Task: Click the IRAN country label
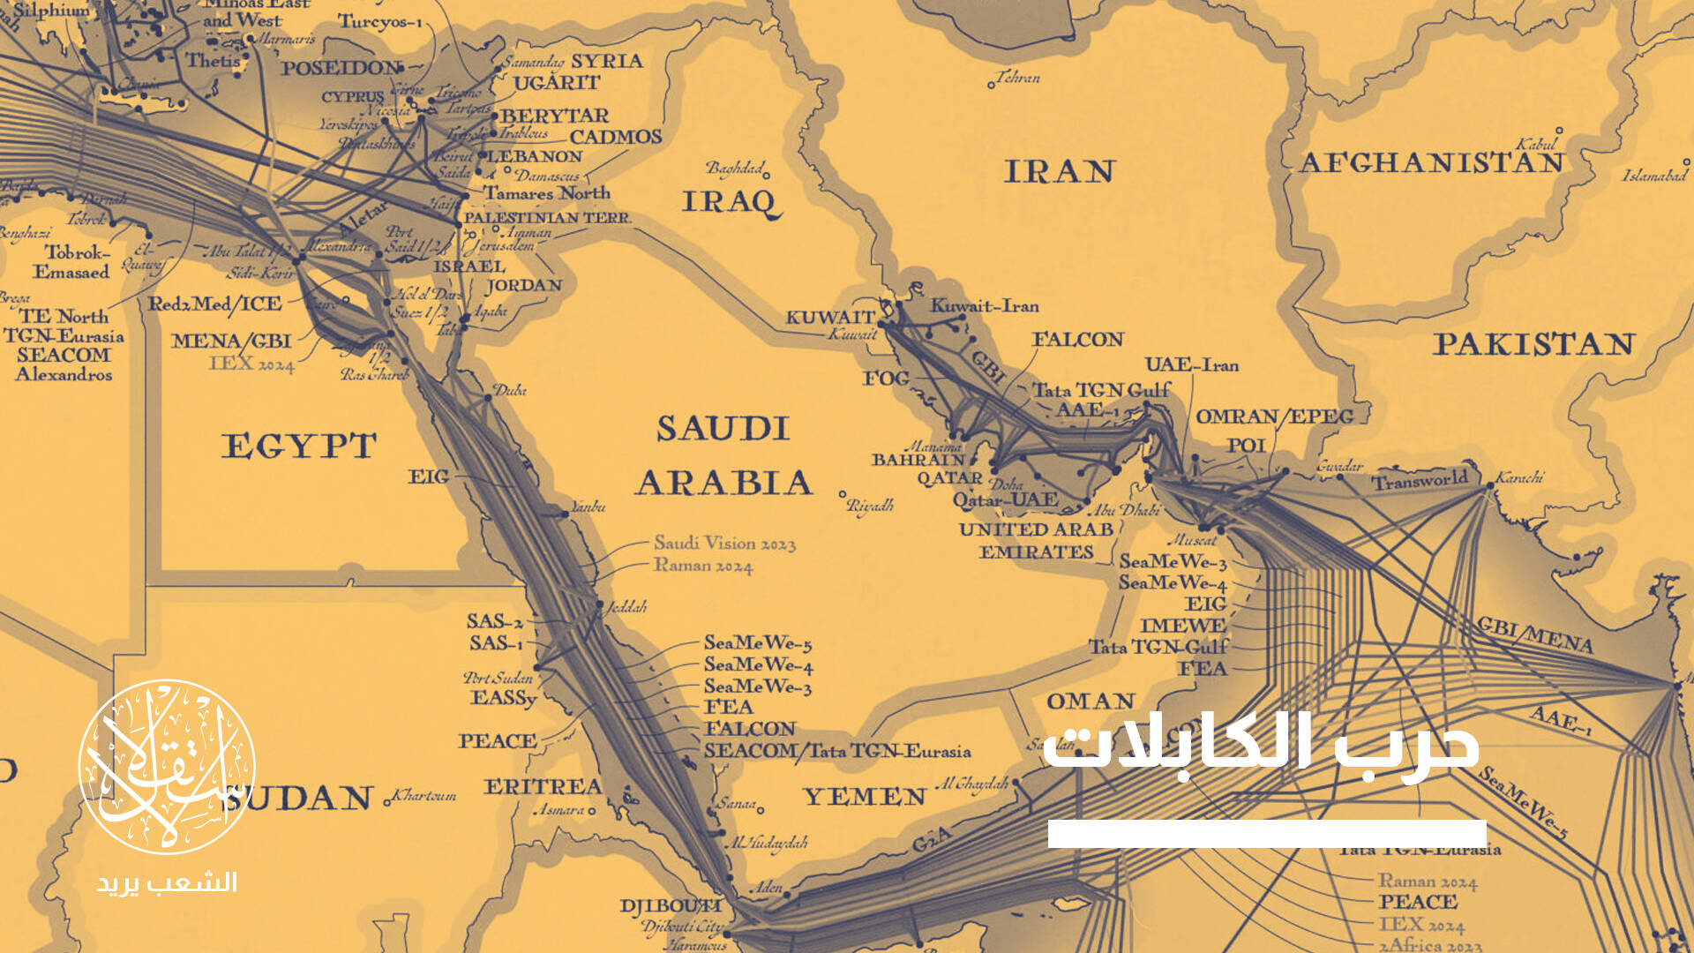[1059, 171]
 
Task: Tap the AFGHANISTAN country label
[1431, 163]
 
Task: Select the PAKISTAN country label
[1533, 344]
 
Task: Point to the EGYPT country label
[299, 446]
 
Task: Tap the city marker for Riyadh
[843, 494]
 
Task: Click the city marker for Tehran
[991, 85]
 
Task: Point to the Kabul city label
[1537, 144]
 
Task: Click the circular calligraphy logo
[166, 766]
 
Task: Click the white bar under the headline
[1267, 834]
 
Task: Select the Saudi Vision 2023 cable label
[724, 544]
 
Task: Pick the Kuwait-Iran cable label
[985, 306]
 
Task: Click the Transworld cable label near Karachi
[1419, 481]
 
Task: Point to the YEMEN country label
[865, 797]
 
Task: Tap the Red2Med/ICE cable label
[214, 304]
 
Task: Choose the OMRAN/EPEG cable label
[1273, 416]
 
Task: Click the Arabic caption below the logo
[167, 883]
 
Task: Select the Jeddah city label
[627, 607]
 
